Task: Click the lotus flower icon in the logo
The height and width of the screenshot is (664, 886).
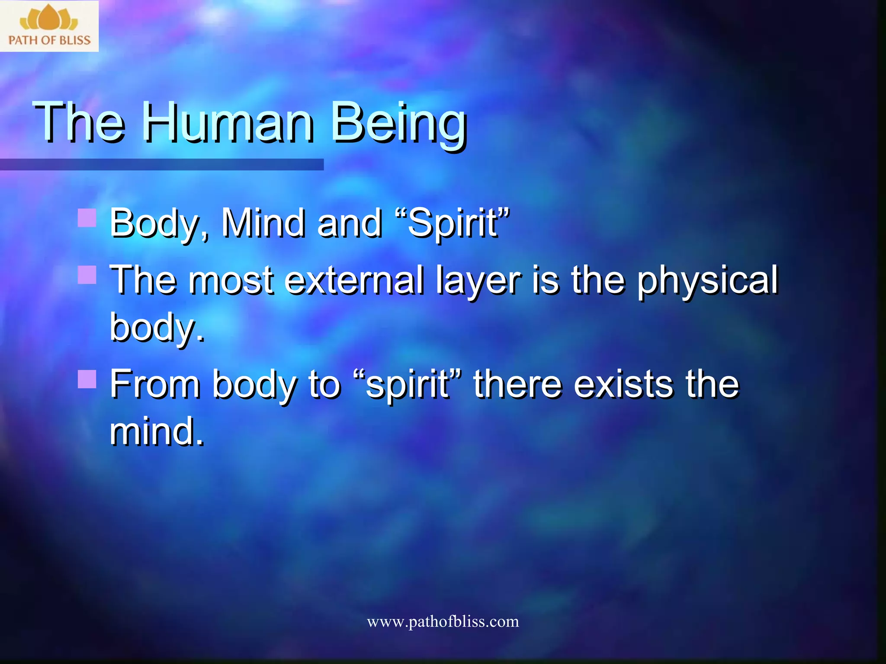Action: (49, 17)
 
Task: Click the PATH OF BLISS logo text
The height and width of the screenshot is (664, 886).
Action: (49, 40)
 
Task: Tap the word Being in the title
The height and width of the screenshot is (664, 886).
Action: (398, 123)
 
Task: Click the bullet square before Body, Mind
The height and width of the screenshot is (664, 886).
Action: (87, 218)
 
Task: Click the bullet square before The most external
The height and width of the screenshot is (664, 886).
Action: (87, 275)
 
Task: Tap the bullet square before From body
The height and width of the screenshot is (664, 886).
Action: (87, 379)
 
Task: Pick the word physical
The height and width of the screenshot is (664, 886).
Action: (707, 281)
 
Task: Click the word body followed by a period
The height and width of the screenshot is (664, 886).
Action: (156, 328)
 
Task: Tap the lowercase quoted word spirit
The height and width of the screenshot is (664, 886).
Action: (407, 385)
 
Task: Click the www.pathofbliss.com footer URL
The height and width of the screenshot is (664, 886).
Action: (443, 622)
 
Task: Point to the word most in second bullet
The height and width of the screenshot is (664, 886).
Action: (231, 281)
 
